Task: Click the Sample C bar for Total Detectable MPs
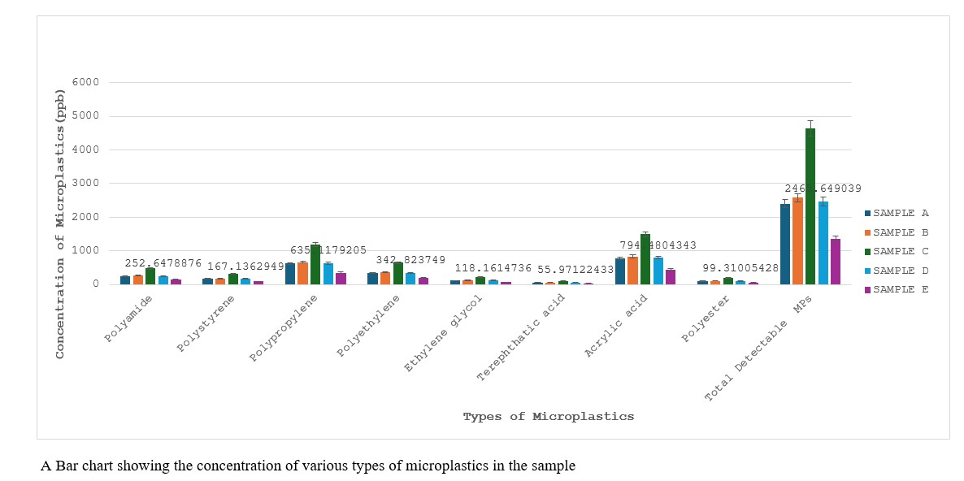click(810, 206)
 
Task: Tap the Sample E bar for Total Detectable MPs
click(836, 262)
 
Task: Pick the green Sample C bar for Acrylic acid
click(645, 259)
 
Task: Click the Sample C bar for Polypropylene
click(315, 265)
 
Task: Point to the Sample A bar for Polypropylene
click(290, 274)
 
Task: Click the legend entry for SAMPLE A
click(896, 213)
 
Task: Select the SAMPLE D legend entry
click(896, 271)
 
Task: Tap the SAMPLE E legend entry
click(896, 289)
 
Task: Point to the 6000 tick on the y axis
click(85, 82)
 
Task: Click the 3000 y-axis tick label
click(85, 184)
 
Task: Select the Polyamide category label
click(128, 318)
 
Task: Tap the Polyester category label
click(706, 320)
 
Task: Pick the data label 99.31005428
click(740, 268)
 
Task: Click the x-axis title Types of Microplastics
click(548, 417)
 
